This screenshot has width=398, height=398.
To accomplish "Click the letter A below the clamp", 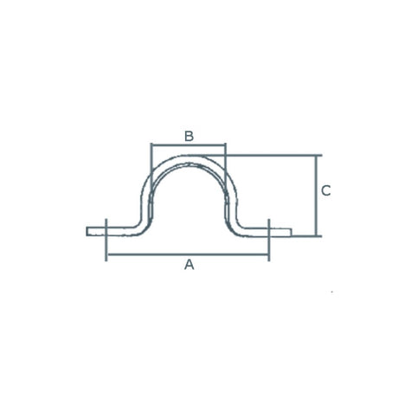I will point(189,265).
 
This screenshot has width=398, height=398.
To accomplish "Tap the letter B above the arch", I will point(189,135).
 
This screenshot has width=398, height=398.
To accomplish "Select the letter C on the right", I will point(325,190).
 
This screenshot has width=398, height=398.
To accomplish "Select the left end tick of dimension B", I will point(151,146).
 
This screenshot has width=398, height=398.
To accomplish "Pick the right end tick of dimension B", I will point(225,146).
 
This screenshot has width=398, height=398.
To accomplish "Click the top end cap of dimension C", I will point(318,156).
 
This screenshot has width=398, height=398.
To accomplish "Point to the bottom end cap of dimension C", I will point(318,235).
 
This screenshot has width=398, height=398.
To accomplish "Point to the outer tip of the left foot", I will point(87,231).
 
